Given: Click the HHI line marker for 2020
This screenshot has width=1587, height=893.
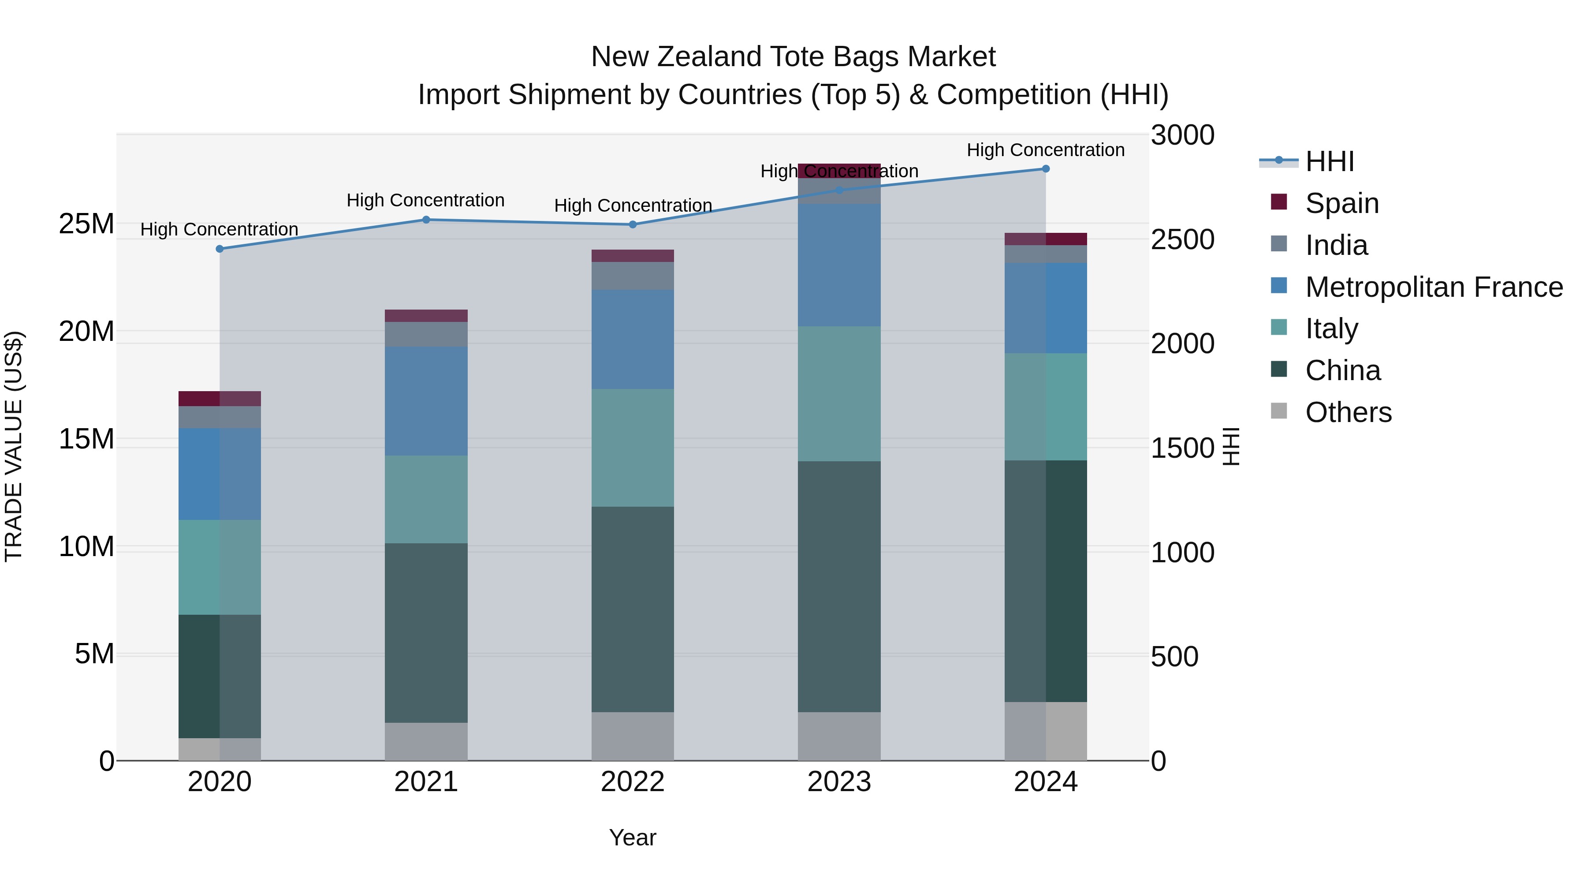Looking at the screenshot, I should tap(220, 249).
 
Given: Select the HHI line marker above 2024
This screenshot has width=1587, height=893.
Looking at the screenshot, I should tap(1046, 169).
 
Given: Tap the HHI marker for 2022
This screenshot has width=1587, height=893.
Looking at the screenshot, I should tap(633, 224).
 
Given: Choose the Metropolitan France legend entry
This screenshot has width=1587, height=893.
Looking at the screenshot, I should tap(1434, 287).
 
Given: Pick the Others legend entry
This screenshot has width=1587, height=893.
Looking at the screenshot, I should tap(1348, 412).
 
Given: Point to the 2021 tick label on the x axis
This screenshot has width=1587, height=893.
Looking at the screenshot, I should tap(426, 782).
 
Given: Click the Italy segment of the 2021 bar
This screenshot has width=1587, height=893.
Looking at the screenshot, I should tap(426, 499).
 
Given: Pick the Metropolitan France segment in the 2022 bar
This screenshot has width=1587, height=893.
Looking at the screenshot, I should tap(633, 339).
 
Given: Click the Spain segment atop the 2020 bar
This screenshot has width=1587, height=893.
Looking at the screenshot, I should tap(220, 399).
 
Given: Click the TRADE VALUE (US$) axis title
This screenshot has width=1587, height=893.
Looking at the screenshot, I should tap(14, 446).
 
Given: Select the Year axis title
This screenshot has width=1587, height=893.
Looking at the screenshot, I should tap(632, 837).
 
